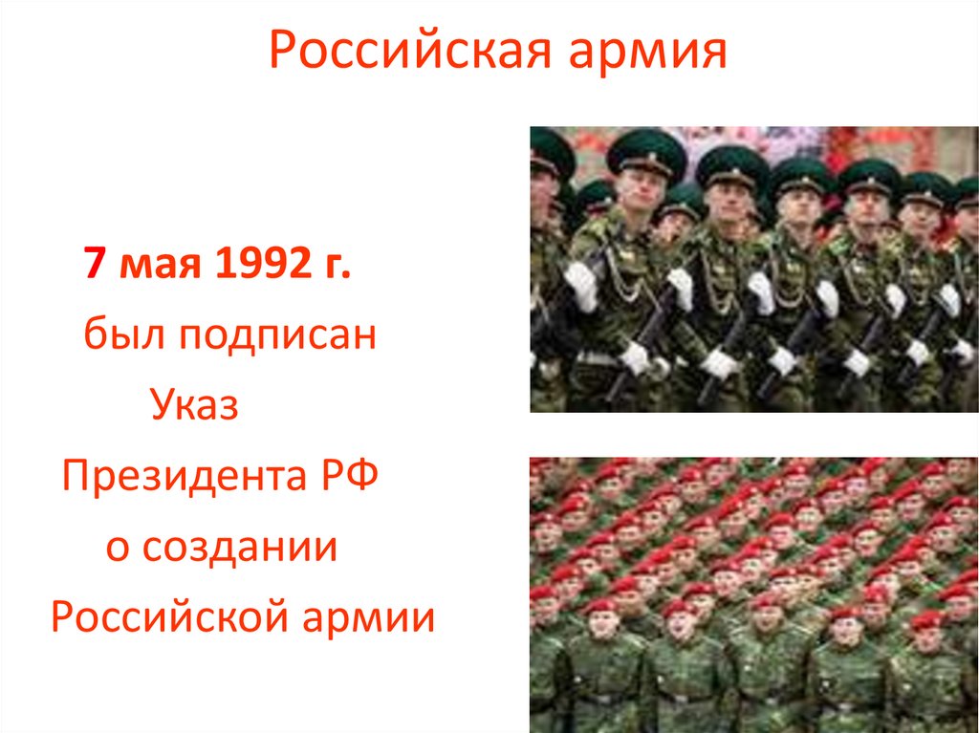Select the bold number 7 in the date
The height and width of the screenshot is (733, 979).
coord(94,263)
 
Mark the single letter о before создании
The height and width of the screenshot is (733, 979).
coord(117,548)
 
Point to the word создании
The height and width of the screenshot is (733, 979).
coord(239,548)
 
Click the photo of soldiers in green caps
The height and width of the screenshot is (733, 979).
coord(753,269)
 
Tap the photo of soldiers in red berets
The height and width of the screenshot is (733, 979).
coord(753,594)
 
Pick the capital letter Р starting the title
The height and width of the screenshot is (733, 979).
coord(283,53)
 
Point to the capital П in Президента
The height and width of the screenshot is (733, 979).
coord(76,475)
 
